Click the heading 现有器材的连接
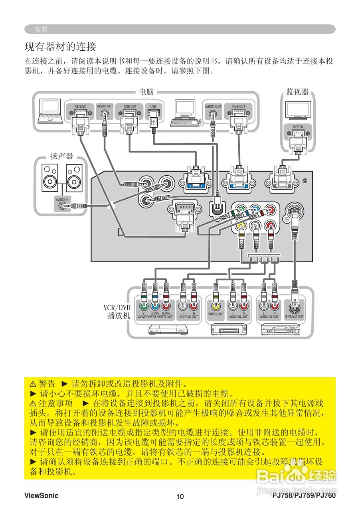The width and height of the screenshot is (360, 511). (x=60, y=47)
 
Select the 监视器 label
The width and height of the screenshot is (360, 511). (x=297, y=92)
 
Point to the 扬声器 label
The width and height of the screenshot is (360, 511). (x=61, y=156)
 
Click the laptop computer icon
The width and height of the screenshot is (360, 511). (x=50, y=112)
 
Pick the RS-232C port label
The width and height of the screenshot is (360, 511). (x=80, y=107)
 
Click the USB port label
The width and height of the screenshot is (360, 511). (x=153, y=107)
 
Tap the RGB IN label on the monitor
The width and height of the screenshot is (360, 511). (x=298, y=127)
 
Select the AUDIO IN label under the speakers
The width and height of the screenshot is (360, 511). (x=62, y=199)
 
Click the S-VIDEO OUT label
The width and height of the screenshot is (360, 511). (x=294, y=317)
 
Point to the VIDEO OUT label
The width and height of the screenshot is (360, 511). (x=216, y=314)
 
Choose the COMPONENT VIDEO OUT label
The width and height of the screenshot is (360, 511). (x=155, y=317)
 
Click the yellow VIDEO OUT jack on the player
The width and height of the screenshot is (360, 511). (x=216, y=306)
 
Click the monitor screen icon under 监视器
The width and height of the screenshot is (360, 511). (x=298, y=109)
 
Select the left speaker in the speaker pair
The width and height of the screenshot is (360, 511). (x=51, y=178)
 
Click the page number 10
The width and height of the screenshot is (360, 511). (x=180, y=497)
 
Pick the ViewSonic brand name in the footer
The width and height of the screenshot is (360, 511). (x=41, y=496)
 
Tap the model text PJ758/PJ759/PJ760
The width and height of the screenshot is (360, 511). (x=304, y=496)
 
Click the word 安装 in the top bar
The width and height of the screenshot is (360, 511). (x=41, y=30)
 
